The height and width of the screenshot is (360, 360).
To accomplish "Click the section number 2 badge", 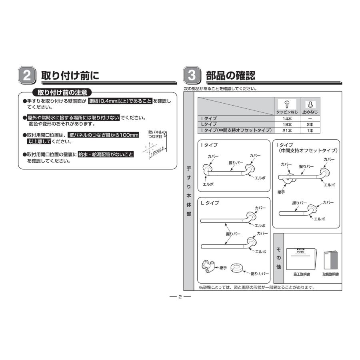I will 27,75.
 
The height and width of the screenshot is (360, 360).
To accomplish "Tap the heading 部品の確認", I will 230,75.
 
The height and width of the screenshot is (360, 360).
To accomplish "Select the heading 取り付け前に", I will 70,75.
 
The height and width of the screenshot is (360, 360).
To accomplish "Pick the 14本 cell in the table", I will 287,119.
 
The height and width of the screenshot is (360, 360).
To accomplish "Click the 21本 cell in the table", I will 287,130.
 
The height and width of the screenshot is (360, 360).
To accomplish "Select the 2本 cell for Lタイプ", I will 310,124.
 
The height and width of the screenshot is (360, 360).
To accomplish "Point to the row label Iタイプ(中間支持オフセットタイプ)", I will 236,130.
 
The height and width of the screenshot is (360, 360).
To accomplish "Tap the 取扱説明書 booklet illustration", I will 330,260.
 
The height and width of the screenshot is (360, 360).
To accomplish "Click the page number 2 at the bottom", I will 180,297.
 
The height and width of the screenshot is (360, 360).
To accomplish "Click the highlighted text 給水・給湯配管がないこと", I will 106,154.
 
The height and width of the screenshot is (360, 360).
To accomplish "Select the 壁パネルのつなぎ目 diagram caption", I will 156,134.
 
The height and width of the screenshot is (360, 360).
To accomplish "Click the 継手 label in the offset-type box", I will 281,192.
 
